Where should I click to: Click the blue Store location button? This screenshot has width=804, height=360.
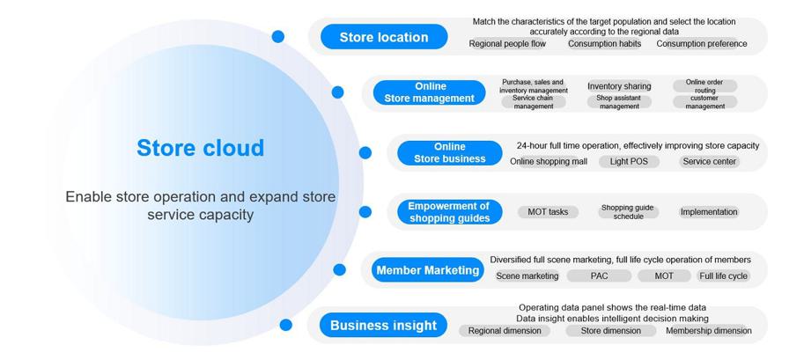pos(384,37)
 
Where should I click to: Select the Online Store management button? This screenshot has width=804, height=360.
pos(429,92)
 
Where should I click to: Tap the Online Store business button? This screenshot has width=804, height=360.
pos(450,153)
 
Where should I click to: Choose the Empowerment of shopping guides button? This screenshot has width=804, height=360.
pos(450,212)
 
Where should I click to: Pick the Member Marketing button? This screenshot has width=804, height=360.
pos(428,269)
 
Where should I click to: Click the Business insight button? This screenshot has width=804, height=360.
pos(384,325)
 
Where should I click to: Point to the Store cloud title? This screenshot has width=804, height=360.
pos(201,148)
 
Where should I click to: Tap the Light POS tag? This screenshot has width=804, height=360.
pos(629,162)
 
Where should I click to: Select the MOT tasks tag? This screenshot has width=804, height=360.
pos(548,212)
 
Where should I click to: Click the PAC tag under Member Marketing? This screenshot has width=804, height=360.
pos(599,276)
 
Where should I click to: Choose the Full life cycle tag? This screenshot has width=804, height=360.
pos(724,276)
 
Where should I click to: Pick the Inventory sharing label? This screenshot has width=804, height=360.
pos(619,86)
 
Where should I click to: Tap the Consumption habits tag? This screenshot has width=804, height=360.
pos(604,44)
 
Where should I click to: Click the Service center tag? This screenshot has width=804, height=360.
pos(709,162)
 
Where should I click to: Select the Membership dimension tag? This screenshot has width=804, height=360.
pos(709,331)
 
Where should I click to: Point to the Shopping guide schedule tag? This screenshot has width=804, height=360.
pos(628,212)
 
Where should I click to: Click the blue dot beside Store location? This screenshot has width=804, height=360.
pos(278,36)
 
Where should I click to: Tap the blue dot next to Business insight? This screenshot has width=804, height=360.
pos(285,325)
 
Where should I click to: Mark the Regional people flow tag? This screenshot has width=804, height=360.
pos(507,44)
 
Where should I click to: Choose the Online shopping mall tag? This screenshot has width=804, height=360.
pos(549,162)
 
